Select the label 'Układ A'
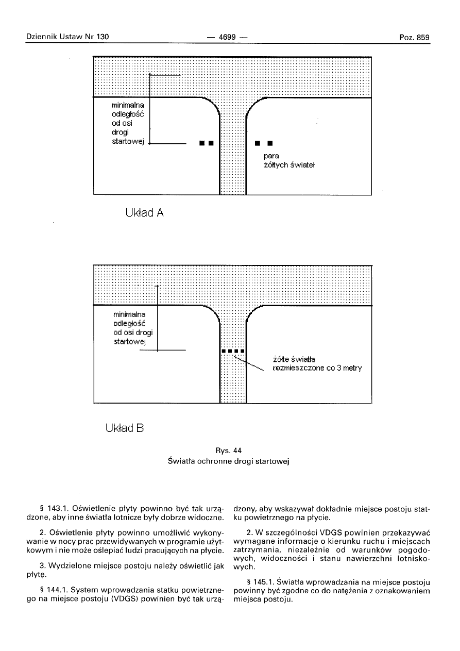[x=144, y=213]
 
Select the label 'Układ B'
[x=124, y=427]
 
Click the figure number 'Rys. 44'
[x=229, y=450]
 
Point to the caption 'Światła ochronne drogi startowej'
[x=229, y=461]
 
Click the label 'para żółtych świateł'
[x=285, y=160]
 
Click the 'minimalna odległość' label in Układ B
[x=133, y=327]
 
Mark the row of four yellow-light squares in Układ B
[x=233, y=352]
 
